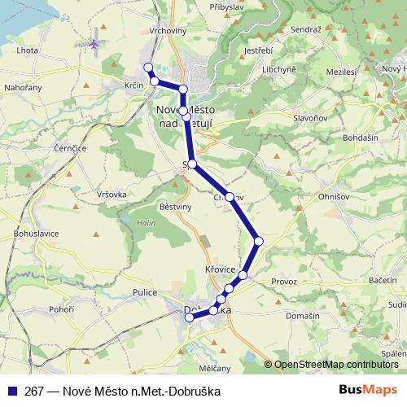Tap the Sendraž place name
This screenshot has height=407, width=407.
pos(305,28)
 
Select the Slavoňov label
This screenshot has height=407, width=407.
pos(310,119)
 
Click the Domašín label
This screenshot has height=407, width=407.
pos(302,315)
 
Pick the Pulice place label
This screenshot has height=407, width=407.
pos(133,291)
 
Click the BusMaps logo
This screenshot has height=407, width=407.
pos(369,390)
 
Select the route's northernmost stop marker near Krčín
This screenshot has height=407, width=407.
pos(148,67)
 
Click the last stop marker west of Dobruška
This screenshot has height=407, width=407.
pos(189,317)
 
